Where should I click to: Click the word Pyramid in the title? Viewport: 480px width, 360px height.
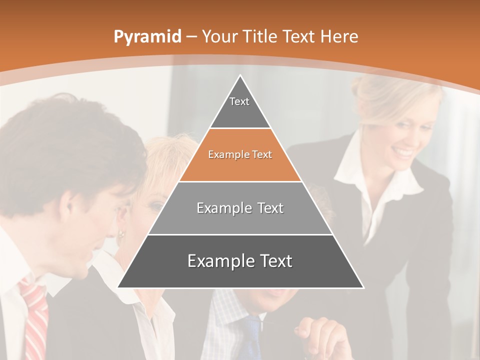(x=147, y=37)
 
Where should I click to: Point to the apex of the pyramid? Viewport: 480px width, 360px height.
(x=240, y=76)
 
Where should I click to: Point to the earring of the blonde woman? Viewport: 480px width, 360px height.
(x=121, y=234)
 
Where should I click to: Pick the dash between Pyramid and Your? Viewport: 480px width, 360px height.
(x=191, y=36)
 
